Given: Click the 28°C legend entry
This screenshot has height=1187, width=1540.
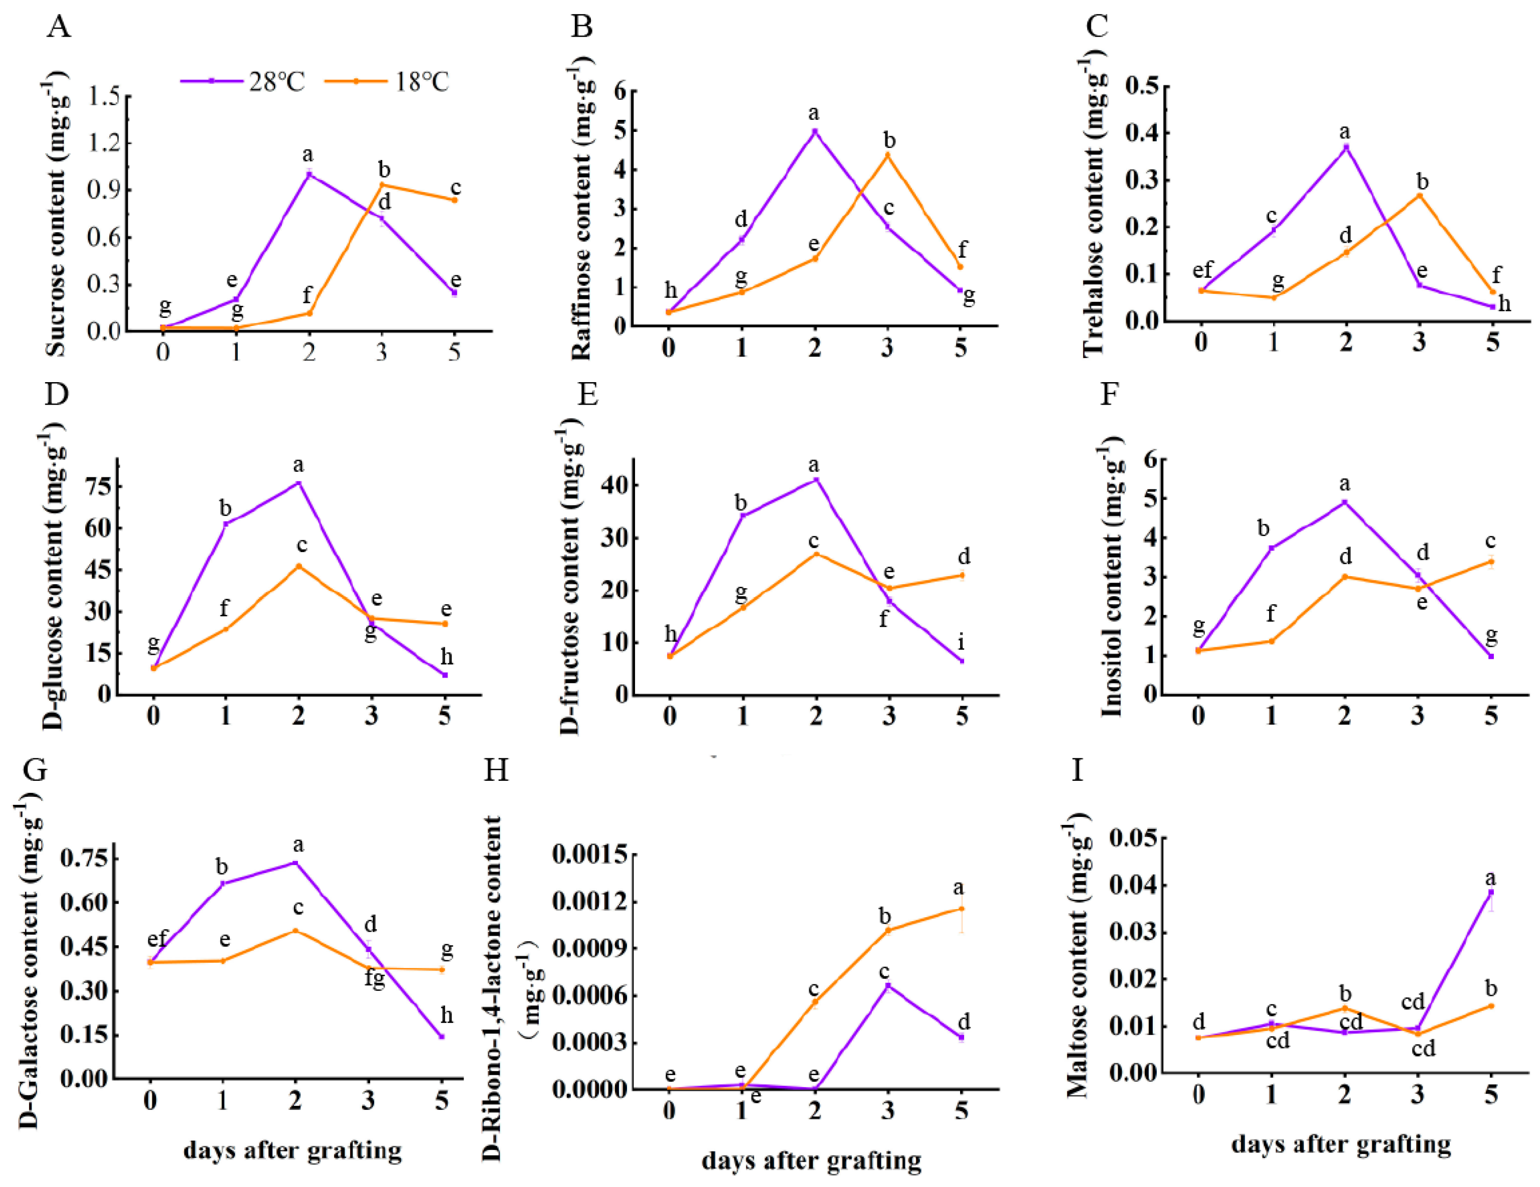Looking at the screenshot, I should pos(243,82).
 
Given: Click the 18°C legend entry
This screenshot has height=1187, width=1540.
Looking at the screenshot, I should pos(387,82).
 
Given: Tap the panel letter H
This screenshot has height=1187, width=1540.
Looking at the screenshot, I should pos(496,770).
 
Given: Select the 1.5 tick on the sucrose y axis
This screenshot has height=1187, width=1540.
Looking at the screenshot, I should pos(104,97).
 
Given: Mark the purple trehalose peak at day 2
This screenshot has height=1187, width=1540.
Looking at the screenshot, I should pos(1346,147).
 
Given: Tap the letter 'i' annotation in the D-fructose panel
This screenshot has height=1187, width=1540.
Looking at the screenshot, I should pos(961,642).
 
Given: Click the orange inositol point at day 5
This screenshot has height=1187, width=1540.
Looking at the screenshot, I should pos(1491,562).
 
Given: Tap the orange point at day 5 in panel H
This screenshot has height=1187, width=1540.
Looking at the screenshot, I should pos(961,909).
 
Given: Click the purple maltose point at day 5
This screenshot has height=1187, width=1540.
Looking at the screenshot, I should pos(1491,892).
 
